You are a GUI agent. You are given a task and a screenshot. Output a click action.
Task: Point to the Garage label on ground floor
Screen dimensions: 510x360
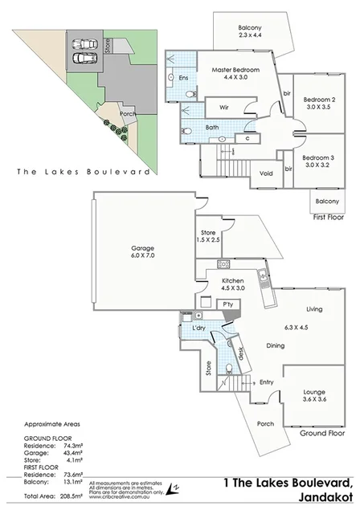point(143,248)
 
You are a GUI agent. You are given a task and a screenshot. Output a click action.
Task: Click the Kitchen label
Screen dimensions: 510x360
point(233,281)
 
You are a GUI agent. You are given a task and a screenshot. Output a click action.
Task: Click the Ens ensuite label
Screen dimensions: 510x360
point(182,78)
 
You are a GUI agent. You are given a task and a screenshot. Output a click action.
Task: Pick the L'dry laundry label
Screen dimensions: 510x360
point(197,331)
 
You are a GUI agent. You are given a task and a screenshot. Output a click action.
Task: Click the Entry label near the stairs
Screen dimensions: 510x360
point(267,381)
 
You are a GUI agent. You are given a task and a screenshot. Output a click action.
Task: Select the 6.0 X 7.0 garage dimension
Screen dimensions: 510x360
point(143,258)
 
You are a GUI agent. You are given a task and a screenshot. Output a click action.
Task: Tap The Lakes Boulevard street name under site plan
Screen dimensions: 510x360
point(83,172)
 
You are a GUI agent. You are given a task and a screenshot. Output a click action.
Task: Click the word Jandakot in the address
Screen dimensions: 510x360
point(319,497)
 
